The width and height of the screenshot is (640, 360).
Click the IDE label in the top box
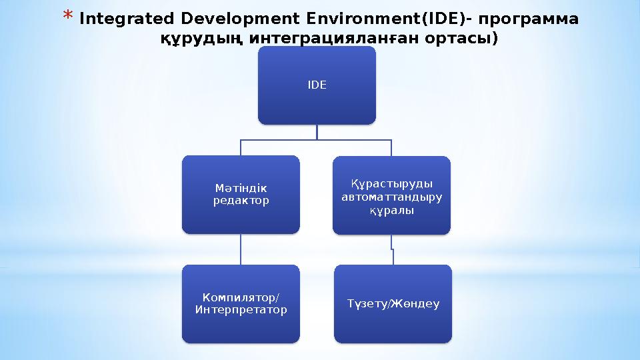pyautogui.click(x=317, y=85)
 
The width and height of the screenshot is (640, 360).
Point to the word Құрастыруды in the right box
pyautogui.click(x=391, y=184)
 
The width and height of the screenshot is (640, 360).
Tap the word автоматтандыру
pyautogui.click(x=391, y=197)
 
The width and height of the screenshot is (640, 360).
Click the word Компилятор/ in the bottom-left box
pyautogui.click(x=241, y=298)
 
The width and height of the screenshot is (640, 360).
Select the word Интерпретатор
pyautogui.click(x=241, y=309)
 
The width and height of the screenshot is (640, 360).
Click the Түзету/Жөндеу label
pyautogui.click(x=393, y=304)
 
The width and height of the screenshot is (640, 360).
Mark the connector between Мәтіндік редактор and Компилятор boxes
pyautogui.click(x=241, y=249)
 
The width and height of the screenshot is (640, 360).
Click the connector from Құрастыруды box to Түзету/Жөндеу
pyautogui.click(x=392, y=251)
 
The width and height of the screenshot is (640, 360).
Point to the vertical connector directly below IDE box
pyautogui.click(x=317, y=132)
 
